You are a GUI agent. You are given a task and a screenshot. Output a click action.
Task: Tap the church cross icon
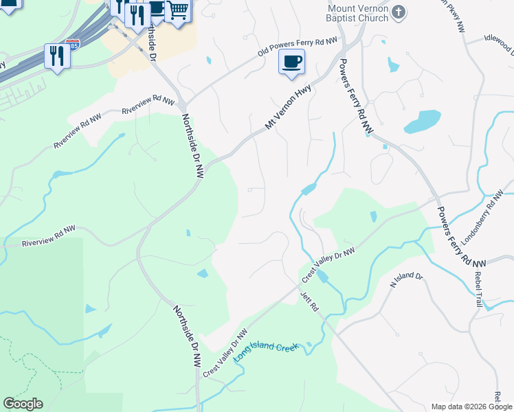pyautogui.click(x=401, y=12)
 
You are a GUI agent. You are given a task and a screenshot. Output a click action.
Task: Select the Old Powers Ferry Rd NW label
pyautogui.click(x=298, y=47)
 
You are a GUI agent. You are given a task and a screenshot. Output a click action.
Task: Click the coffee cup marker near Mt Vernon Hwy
pyautogui.click(x=291, y=62)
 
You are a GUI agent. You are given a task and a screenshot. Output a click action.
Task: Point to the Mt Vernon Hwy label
pyautogui.click(x=289, y=107)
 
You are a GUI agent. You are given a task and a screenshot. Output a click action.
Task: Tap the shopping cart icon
pyautogui.click(x=178, y=11)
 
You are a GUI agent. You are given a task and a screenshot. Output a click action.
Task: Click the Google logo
pyautogui.click(x=23, y=404)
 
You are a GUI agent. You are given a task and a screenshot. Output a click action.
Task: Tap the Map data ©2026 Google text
pyautogui.click(x=471, y=407)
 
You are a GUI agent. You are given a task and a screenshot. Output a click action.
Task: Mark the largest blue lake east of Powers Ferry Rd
pyautogui.click(x=422, y=122)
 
